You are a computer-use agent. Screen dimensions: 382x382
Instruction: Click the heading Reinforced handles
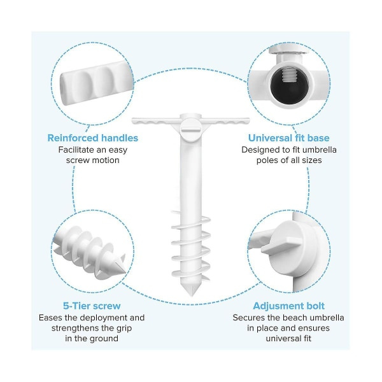coord(93,138)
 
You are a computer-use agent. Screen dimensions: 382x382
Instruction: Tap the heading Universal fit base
coord(288,138)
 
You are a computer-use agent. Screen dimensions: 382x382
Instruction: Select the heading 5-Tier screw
coord(92,306)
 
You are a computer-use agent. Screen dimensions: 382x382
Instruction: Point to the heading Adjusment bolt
coord(288,306)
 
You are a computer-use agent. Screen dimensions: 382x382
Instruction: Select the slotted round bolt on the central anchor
coord(191,130)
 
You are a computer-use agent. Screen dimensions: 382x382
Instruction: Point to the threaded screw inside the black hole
coord(288,74)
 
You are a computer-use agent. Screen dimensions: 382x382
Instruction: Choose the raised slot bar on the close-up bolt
coord(281,246)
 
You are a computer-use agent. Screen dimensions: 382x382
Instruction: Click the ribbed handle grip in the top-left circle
coord(97,83)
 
